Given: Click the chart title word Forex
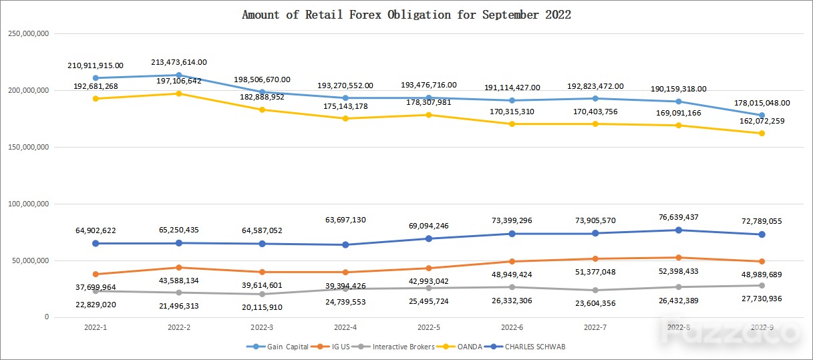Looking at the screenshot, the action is coord(365,15).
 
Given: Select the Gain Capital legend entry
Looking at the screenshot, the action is coord(277,347).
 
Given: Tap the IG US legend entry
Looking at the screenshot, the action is coord(330,347).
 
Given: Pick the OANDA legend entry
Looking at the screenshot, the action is coord(459,347).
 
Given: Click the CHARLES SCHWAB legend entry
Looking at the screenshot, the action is coord(525,347).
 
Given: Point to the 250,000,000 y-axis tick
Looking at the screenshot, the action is coord(28,33).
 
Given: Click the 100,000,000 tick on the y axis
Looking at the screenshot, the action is coord(28,204).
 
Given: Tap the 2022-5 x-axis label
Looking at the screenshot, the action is coord(429,327).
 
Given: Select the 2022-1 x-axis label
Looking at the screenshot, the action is coord(96,327).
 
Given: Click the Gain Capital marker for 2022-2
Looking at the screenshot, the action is coord(179,75).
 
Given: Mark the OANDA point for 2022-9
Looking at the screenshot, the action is coord(762,133).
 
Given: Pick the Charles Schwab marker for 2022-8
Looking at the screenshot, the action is coord(678,230).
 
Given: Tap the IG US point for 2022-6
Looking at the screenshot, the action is coord(512,261).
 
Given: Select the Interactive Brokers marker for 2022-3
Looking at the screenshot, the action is coord(262,294).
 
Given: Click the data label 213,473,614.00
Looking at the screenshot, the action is coord(179,62).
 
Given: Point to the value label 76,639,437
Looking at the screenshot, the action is coord(678,217).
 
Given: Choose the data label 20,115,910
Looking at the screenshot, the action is coord(262,307).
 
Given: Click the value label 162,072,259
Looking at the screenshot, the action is coord(762,121).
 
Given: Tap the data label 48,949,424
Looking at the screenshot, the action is coord(512,275).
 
